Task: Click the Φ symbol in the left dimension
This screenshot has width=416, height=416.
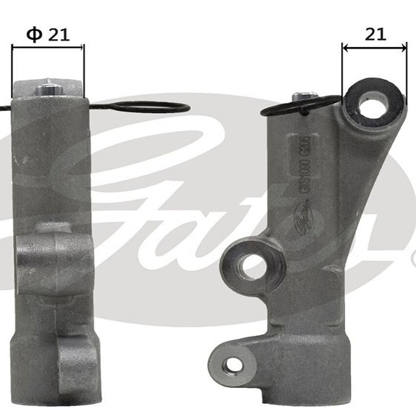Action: (33, 34)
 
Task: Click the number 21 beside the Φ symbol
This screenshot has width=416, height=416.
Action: (59, 34)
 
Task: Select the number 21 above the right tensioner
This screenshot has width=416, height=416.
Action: (375, 34)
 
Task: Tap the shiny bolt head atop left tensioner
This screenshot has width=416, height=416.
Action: (49, 90)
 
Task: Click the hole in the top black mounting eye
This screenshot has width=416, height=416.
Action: (373, 104)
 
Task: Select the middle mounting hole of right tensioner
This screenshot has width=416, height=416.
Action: (252, 266)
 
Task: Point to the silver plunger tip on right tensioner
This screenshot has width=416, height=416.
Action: (304, 96)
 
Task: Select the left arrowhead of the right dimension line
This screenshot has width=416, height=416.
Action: (345, 47)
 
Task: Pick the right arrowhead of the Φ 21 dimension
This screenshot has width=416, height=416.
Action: (82, 47)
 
